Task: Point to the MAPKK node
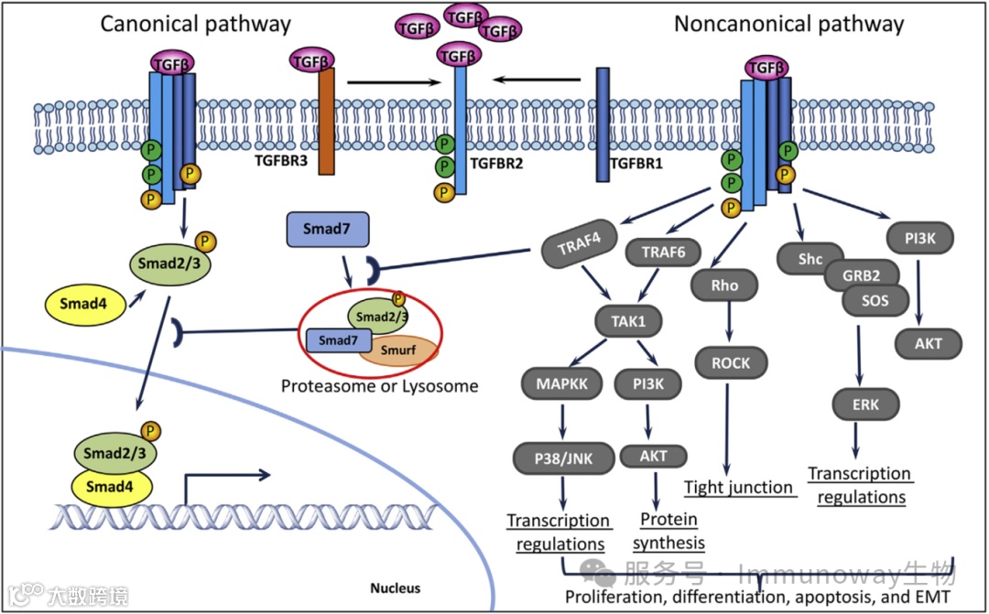point(561,383)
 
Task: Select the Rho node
point(725,285)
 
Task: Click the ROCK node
point(730,363)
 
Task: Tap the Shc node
point(810,260)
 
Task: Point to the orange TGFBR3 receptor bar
point(327,121)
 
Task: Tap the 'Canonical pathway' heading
point(195,24)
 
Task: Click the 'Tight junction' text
point(739,487)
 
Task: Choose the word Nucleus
point(395,587)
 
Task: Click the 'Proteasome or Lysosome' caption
point(380,386)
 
